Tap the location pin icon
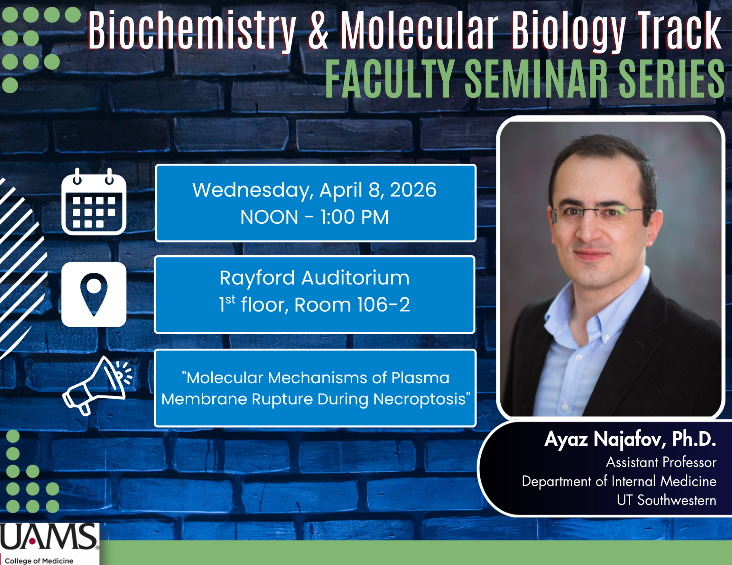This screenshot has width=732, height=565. [x=94, y=295]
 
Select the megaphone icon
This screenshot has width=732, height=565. [x=98, y=386]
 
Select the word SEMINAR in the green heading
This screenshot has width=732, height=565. [x=536, y=78]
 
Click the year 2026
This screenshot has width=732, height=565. [x=413, y=190]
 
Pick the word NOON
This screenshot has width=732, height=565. [x=269, y=217]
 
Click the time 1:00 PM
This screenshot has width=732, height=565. [x=354, y=217]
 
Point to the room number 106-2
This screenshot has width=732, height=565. [x=384, y=305]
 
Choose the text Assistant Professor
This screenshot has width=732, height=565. [x=661, y=462]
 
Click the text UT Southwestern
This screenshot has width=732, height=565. [x=666, y=500]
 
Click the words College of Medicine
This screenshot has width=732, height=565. [x=39, y=560]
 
